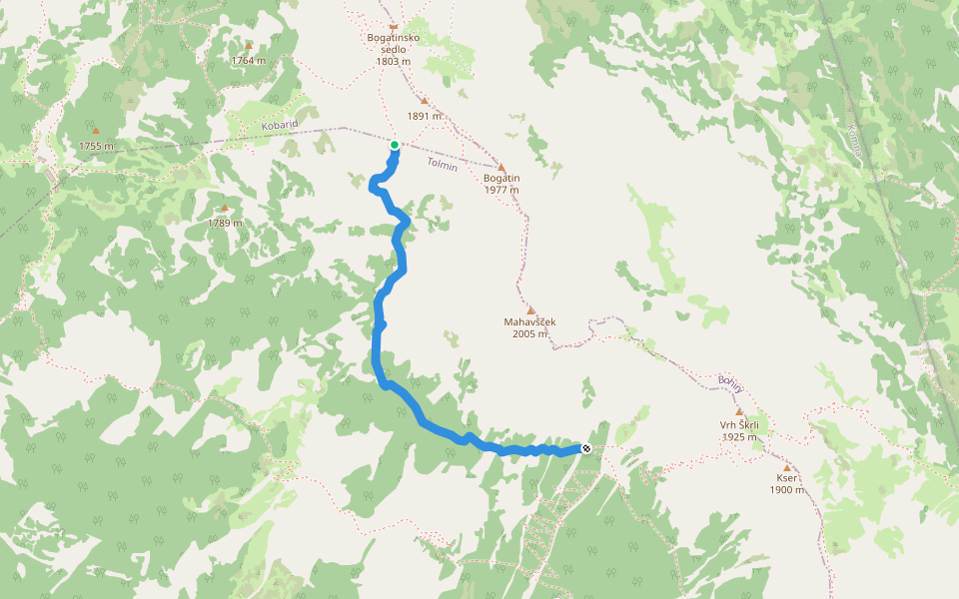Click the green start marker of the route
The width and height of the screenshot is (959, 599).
[395, 146]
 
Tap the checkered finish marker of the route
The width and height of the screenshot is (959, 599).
[586, 448]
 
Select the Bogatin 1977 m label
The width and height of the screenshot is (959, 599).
[501, 184]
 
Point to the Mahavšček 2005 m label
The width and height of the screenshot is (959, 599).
[529, 327]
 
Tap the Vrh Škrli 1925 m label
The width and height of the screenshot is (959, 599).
[739, 430]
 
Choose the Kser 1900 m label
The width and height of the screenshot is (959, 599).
[786, 483]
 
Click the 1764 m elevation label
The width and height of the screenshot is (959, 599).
[249, 61]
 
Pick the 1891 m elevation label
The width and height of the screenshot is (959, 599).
[425, 116]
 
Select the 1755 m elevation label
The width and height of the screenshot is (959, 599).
[96, 146]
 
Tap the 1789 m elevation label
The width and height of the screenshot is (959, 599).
[224, 223]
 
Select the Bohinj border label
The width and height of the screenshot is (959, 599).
[730, 384]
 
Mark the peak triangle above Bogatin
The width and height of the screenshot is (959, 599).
[501, 168]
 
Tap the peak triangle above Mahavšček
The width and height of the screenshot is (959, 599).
[530, 310]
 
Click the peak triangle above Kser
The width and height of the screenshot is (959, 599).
[787, 467]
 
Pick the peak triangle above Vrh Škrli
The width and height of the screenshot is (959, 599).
[739, 411]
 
